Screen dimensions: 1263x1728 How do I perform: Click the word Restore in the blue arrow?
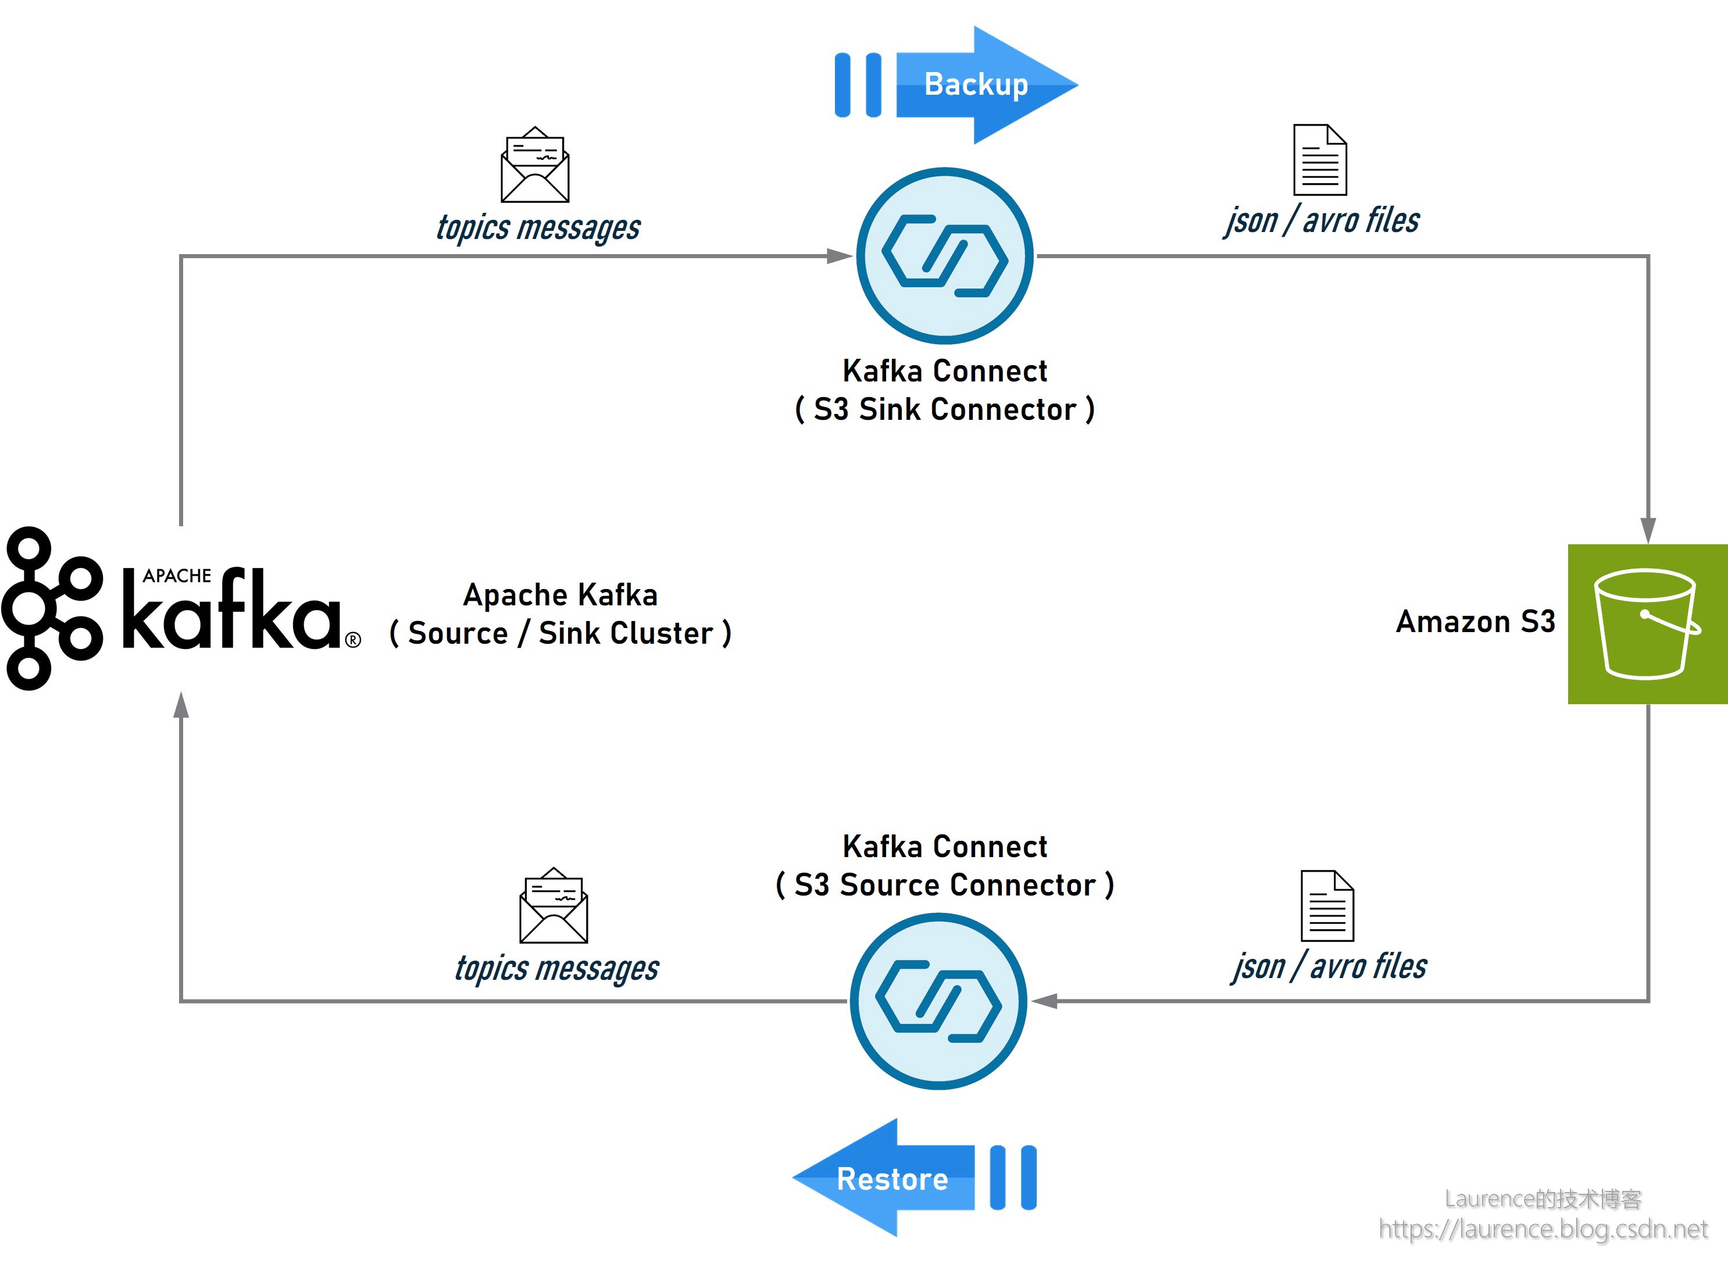(x=892, y=1179)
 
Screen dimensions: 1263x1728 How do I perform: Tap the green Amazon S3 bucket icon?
(x=1647, y=624)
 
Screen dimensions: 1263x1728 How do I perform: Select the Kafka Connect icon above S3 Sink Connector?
(x=945, y=256)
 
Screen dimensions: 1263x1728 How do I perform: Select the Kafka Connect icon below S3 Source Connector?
(x=938, y=1001)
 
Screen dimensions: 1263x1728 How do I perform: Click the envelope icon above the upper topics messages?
(x=535, y=165)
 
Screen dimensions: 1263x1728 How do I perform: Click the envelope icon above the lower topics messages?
(x=554, y=906)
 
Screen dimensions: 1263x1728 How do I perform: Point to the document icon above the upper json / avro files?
(x=1320, y=160)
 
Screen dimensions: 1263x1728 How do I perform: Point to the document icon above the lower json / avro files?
(x=1327, y=906)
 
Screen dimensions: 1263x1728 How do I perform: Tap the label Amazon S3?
(x=1475, y=622)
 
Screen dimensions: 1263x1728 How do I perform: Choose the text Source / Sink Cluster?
(x=560, y=634)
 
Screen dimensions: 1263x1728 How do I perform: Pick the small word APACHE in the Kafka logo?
(x=177, y=576)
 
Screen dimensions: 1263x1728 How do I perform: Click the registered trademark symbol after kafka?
(x=353, y=640)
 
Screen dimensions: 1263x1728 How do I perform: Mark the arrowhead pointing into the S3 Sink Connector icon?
(x=839, y=256)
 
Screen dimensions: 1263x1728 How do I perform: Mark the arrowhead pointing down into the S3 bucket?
(x=1648, y=530)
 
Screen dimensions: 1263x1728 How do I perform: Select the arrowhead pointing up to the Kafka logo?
(x=181, y=705)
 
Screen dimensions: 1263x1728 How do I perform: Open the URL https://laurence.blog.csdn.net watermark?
(x=1543, y=1229)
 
